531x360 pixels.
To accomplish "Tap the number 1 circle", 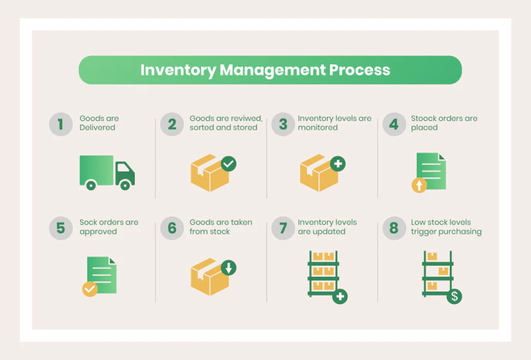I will [x=61, y=124].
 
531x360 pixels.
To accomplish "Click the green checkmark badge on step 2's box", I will [x=228, y=164].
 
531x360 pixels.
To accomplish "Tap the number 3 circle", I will [x=283, y=124].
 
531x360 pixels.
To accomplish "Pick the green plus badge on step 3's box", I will [x=338, y=164].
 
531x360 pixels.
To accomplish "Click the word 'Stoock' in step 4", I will [x=424, y=118].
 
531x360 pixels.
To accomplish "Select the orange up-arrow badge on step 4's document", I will [x=419, y=185].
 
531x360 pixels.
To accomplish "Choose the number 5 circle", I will [x=61, y=228].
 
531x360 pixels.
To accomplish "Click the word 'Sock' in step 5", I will [x=88, y=222].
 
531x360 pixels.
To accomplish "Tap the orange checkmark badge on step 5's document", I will [x=90, y=289].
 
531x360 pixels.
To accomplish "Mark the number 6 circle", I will [x=172, y=228].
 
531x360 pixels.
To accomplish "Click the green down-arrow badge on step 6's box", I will [x=228, y=268].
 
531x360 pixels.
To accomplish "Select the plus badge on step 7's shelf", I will [x=340, y=297].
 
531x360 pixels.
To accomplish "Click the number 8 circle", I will [x=394, y=228].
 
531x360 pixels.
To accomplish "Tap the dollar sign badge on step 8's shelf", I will [x=454, y=297].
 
